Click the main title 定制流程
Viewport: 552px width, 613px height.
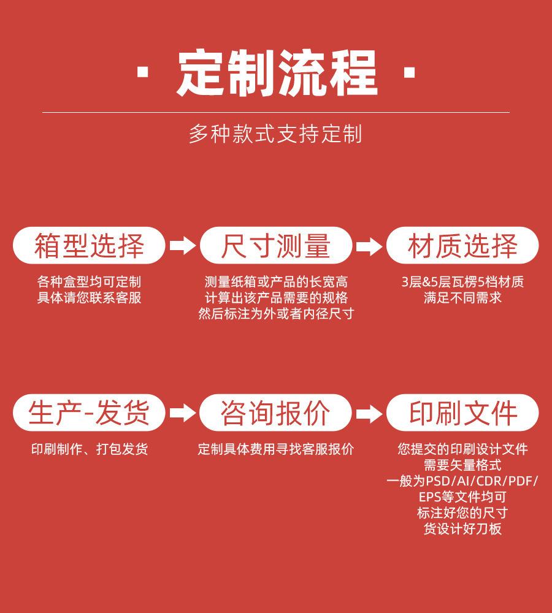pyautogui.click(x=277, y=73)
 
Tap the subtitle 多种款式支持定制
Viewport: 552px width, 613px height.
pyautogui.click(x=275, y=134)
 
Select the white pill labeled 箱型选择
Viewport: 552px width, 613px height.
pyautogui.click(x=89, y=246)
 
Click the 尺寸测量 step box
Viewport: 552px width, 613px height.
pyautogui.click(x=276, y=246)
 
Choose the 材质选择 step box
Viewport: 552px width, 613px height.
pyautogui.click(x=462, y=246)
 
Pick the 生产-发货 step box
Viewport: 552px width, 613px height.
pyautogui.click(x=89, y=413)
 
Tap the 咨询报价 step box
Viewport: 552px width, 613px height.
pyautogui.click(x=275, y=413)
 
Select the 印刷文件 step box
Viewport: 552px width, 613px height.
pyautogui.click(x=462, y=413)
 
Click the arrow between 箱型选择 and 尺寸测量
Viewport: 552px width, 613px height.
pyautogui.click(x=183, y=246)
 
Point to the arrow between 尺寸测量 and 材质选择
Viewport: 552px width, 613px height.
pyautogui.click(x=369, y=246)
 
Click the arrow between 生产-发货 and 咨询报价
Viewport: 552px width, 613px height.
pyautogui.click(x=183, y=413)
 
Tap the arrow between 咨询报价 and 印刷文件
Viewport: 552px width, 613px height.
pyautogui.click(x=369, y=413)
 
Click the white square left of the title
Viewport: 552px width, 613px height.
pyautogui.click(x=142, y=73)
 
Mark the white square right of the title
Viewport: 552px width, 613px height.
pyautogui.click(x=409, y=73)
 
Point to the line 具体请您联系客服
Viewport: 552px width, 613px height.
pyautogui.click(x=89, y=298)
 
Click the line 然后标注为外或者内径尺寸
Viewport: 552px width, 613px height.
pyautogui.click(x=276, y=313)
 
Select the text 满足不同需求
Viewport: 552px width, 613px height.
pyautogui.click(x=462, y=298)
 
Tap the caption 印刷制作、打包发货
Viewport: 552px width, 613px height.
pyautogui.click(x=89, y=449)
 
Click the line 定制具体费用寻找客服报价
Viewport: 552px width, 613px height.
pyautogui.click(x=276, y=449)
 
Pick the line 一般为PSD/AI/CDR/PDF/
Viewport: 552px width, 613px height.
pyautogui.click(x=462, y=481)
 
